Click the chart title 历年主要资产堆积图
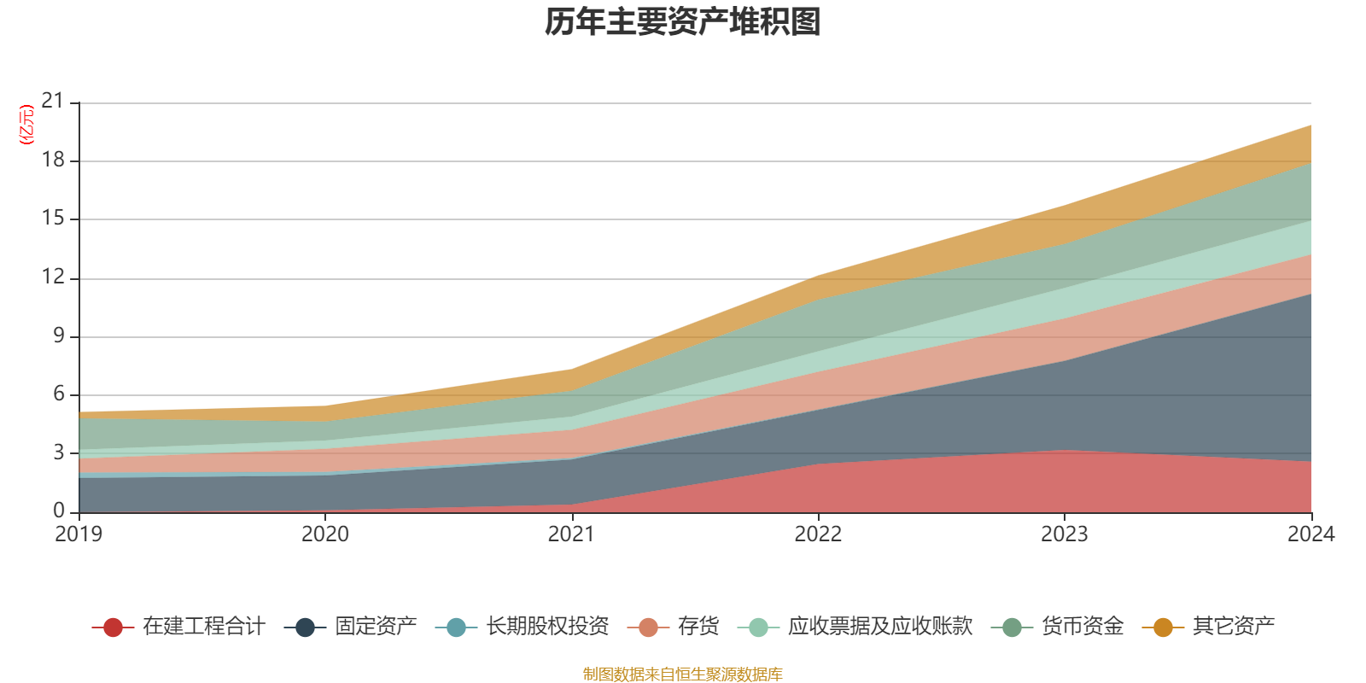[x=683, y=22]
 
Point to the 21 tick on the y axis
[x=53, y=102]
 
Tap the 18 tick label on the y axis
[x=53, y=161]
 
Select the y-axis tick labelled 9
[x=59, y=336]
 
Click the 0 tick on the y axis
[x=59, y=511]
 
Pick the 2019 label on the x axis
[x=79, y=534]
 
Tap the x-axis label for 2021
[x=571, y=534]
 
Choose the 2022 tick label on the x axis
[x=818, y=534]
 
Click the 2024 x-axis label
[x=1311, y=534]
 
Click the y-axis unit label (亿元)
[x=26, y=125]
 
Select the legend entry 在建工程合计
[x=204, y=627]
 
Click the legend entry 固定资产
[x=376, y=627]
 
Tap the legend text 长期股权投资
[x=547, y=627]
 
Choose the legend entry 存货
[x=698, y=627]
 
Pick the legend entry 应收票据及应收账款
[x=879, y=627]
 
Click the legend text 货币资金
[x=1082, y=627]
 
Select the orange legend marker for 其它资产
[x=1163, y=628]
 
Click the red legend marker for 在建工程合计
[x=113, y=628]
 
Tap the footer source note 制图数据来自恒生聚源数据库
[x=683, y=674]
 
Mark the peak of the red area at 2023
[x=1064, y=451]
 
